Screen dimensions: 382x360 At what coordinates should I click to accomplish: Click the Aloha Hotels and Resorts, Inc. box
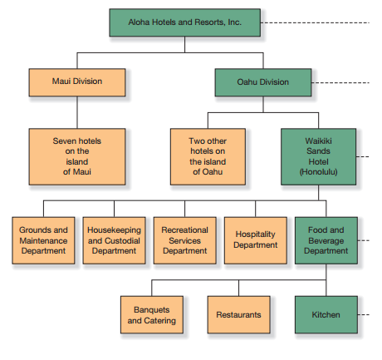[184, 22]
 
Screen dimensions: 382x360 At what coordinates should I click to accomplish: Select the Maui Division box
[77, 82]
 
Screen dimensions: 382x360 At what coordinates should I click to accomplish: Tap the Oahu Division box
[263, 82]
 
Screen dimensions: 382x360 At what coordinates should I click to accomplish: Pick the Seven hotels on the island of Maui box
[77, 156]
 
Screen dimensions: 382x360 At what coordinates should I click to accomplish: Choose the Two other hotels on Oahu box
[208, 156]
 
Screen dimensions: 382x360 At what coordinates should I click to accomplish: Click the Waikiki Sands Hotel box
[318, 156]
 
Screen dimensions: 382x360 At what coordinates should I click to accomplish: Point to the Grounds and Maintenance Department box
[43, 240]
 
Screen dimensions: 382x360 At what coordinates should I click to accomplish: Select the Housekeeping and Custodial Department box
[114, 240]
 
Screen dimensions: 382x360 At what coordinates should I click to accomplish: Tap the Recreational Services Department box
[184, 240]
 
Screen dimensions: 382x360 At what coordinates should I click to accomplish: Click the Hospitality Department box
[256, 240]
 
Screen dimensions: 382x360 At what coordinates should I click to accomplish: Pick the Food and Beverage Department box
[326, 240]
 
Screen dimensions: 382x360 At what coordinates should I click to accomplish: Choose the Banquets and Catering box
[152, 314]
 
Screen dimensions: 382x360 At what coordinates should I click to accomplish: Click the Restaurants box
[238, 314]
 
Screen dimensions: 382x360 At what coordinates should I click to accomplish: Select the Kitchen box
[326, 314]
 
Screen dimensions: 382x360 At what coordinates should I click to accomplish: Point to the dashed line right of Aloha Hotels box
[315, 22]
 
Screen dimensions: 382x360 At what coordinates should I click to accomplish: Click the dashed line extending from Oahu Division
[340, 82]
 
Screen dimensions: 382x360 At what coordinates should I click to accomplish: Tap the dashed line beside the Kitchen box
[364, 314]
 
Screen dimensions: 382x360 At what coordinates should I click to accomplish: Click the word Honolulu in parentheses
[318, 172]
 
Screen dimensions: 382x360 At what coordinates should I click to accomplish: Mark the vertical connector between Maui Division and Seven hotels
[77, 112]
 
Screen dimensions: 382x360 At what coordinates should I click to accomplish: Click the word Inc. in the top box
[235, 22]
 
